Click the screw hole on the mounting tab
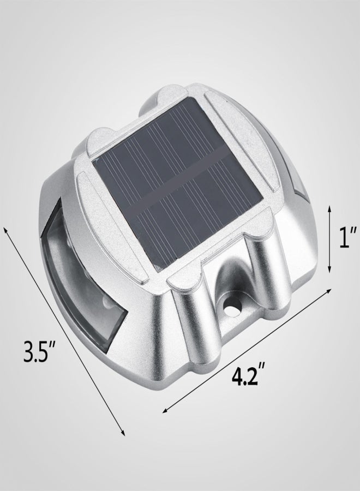pos(231,309)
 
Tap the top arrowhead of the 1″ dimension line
pos(329,208)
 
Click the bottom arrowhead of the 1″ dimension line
pos(329,270)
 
